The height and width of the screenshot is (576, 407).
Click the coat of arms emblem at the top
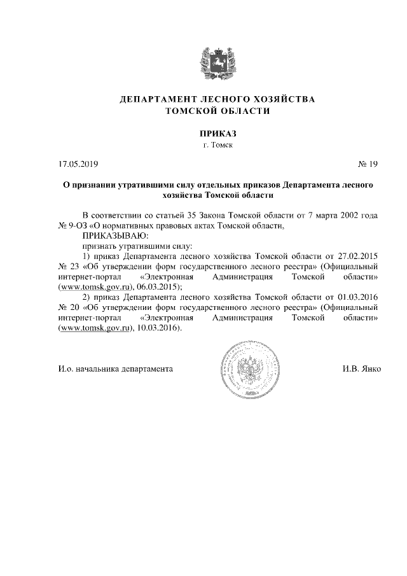(x=217, y=61)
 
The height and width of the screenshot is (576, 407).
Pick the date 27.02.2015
(x=359, y=255)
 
